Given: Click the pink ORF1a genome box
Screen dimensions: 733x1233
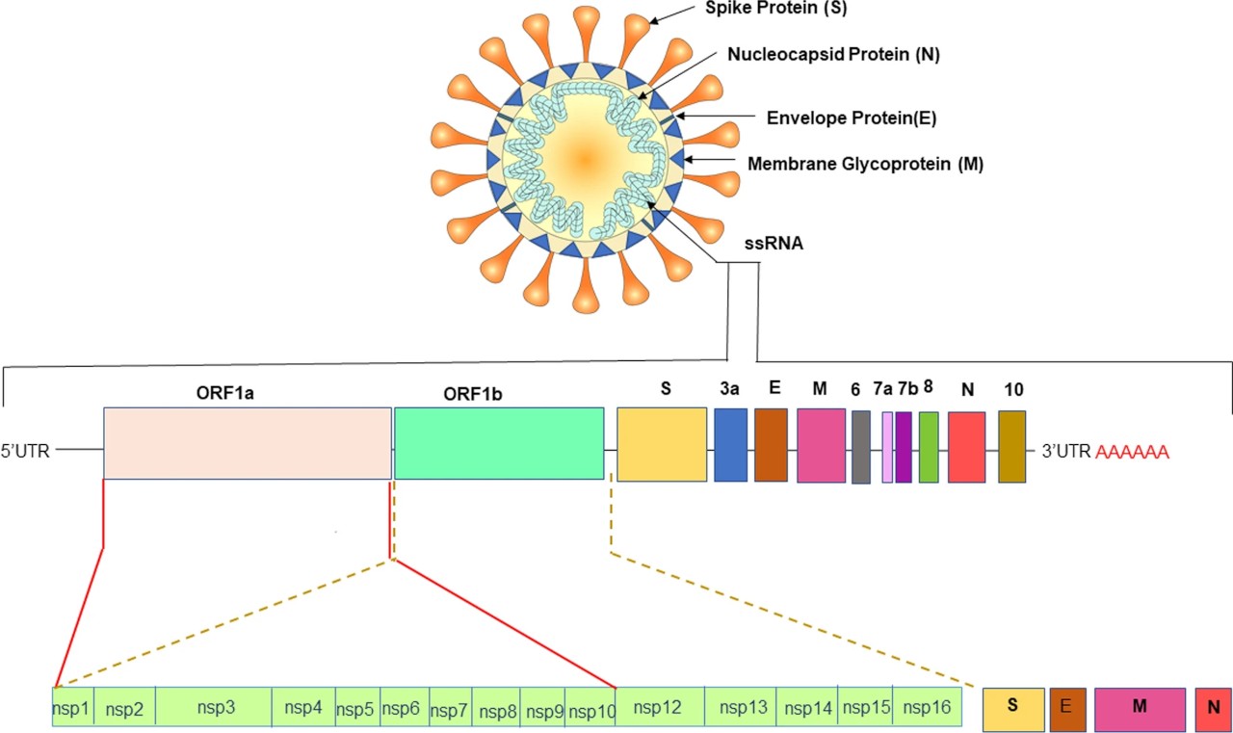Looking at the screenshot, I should coord(247,443).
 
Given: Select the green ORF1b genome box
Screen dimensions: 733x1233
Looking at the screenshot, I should coord(499,443).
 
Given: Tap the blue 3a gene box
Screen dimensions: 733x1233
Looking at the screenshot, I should coord(731,445).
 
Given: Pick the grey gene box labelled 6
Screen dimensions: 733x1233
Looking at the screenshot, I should coord(861,447).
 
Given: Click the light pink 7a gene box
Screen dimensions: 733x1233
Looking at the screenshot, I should coord(887,447).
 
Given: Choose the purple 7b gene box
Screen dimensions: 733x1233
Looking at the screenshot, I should coord(904,447).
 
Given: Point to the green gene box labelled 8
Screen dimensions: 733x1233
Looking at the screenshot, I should coord(929,447).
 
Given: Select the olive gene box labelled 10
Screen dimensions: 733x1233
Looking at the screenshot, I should coord(1012,447).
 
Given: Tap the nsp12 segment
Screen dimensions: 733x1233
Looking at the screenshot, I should coord(659,707).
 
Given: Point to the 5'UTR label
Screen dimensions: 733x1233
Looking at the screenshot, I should coord(25,450).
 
